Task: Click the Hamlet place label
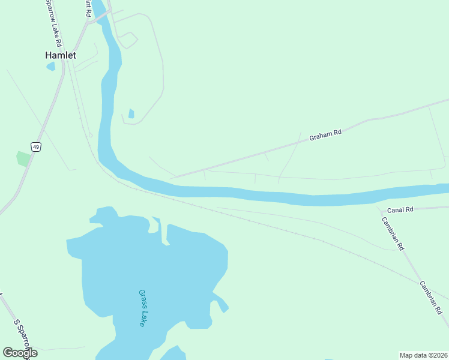click(x=61, y=55)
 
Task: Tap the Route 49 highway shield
click(x=37, y=147)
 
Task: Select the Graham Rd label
click(x=325, y=135)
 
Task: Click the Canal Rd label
click(x=400, y=210)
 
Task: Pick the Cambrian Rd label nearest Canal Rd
click(x=393, y=233)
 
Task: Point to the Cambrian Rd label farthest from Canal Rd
click(x=430, y=298)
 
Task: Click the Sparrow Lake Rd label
click(x=53, y=23)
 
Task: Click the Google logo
click(x=20, y=353)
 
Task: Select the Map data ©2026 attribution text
click(x=423, y=355)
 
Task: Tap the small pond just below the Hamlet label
click(x=50, y=66)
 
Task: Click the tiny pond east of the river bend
click(x=131, y=113)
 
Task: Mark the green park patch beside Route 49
click(x=23, y=159)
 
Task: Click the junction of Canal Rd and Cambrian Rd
click(x=381, y=211)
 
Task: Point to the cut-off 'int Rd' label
click(x=88, y=8)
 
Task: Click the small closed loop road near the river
click(x=128, y=40)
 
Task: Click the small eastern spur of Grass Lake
click(x=223, y=305)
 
